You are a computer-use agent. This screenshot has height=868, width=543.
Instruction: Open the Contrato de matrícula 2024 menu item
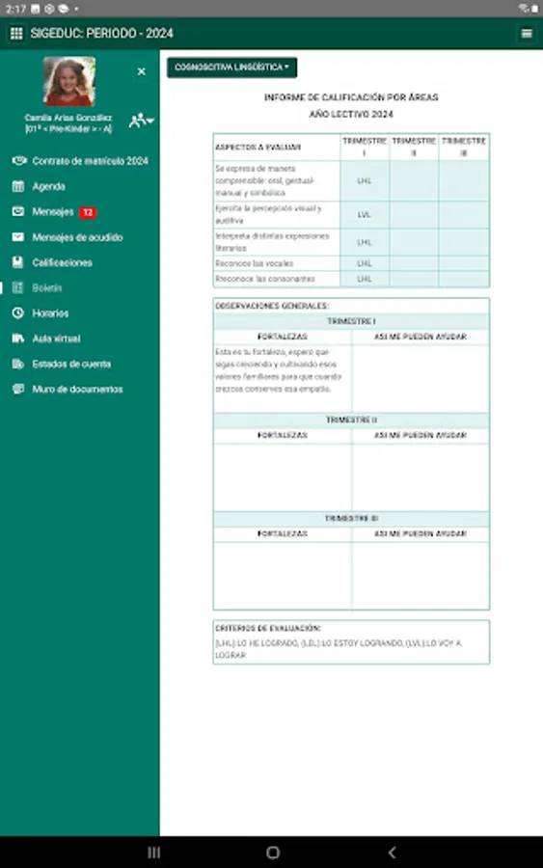90,161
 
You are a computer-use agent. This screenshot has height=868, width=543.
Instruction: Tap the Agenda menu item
48,186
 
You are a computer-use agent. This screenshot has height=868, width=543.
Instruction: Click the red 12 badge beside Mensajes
88,212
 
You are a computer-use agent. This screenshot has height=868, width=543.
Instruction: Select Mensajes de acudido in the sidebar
77,237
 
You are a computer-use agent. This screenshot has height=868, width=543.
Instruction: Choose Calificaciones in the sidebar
62,262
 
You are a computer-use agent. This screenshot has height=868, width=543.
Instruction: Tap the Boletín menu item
46,287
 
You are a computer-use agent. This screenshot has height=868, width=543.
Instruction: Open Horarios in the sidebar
50,313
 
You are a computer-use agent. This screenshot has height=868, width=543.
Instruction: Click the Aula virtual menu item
56,339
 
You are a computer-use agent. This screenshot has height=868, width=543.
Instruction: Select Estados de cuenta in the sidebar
71,364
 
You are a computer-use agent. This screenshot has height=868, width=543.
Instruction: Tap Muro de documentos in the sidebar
77,390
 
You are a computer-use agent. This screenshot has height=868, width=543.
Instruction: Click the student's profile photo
69,82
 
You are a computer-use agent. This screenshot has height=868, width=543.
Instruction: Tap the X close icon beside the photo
142,71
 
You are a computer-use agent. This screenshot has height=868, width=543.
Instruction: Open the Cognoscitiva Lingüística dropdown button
231,68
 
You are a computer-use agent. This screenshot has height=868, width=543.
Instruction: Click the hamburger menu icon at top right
527,34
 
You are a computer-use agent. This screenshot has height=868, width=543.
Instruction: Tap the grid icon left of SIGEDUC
16,34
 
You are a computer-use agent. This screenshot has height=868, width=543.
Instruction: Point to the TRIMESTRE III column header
463,147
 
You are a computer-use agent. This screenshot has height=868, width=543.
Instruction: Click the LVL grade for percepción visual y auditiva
365,214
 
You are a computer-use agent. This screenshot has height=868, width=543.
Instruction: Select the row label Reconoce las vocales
255,263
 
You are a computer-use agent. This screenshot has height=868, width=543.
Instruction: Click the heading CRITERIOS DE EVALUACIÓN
268,628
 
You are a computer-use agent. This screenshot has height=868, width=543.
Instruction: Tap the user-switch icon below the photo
141,120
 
